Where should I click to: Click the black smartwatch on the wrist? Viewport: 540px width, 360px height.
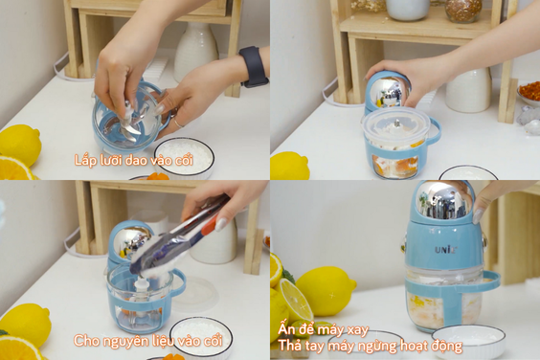(254, 67)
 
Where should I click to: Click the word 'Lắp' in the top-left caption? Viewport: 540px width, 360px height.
(84, 161)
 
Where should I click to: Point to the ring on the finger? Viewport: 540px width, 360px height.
(177, 123)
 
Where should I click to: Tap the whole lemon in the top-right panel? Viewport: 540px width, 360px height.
(289, 166)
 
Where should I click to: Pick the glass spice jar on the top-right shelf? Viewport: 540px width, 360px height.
(463, 11)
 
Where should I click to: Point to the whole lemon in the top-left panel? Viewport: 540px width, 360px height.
(20, 145)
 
